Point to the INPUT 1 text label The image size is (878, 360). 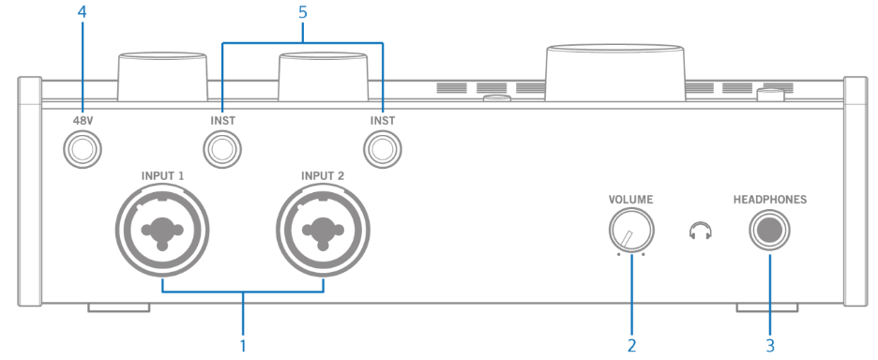(163, 175)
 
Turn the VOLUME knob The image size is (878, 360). (631, 231)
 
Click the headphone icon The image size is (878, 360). (697, 231)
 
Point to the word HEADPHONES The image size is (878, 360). (770, 199)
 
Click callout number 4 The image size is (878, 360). (83, 14)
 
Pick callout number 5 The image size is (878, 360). (303, 14)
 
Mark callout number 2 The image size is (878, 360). (631, 345)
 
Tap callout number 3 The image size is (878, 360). (770, 345)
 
